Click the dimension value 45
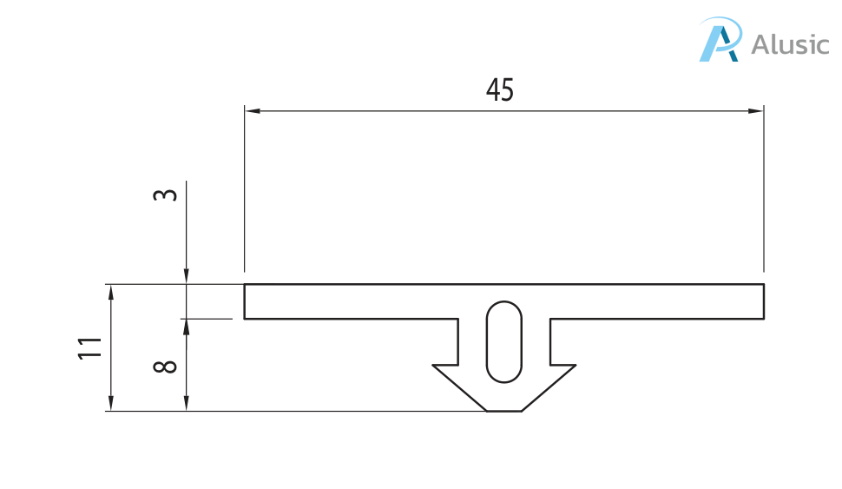(x=499, y=89)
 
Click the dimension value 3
(x=165, y=195)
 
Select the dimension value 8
(x=165, y=367)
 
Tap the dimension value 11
(x=90, y=349)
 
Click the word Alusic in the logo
(x=790, y=44)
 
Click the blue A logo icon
(x=720, y=39)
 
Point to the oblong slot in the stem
(x=503, y=341)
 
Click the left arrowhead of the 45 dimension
(x=253, y=111)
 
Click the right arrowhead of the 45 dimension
(x=756, y=111)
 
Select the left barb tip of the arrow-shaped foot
(x=433, y=366)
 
